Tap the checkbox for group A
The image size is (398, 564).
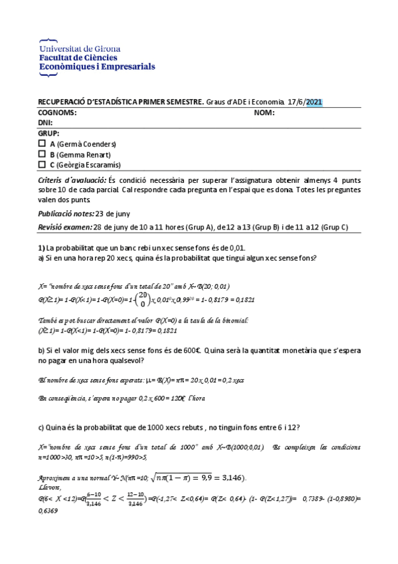42,143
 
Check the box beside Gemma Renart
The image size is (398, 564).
42,154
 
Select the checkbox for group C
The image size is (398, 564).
42,164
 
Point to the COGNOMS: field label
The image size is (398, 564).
57,112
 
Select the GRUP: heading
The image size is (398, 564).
49,134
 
